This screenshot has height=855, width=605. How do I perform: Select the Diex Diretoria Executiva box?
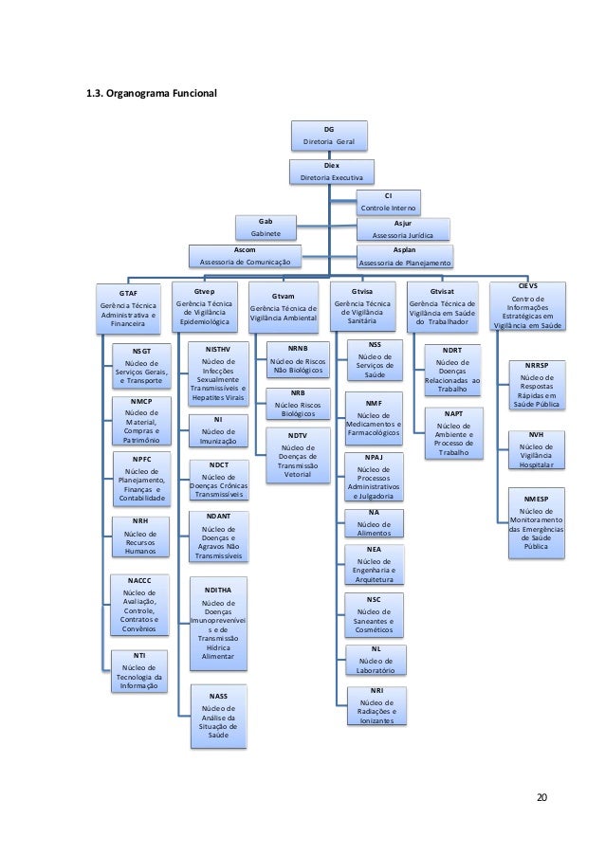(331, 171)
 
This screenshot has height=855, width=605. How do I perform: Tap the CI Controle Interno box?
(389, 202)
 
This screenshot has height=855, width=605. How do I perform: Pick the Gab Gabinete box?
(265, 227)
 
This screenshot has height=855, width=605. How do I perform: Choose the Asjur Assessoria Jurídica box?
(401, 227)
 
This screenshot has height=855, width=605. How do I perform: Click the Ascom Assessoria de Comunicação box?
(244, 255)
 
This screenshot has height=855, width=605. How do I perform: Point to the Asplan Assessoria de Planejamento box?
(402, 256)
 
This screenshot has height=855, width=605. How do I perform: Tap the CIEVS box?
(525, 305)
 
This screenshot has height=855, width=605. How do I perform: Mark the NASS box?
(218, 715)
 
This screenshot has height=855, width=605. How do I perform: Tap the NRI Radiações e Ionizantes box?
(376, 705)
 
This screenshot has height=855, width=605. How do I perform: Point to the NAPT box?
(453, 432)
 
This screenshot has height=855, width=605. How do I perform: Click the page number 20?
(541, 793)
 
